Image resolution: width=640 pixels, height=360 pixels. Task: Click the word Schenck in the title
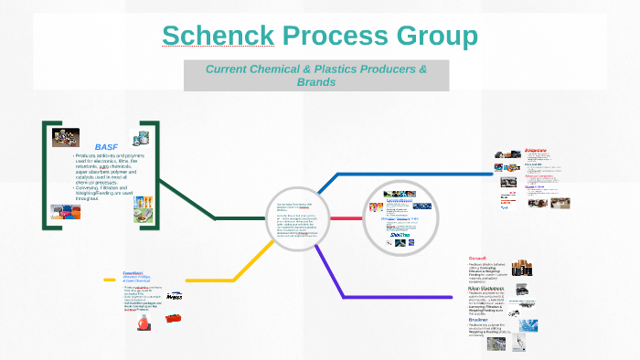pos(217,37)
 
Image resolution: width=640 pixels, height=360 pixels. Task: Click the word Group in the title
pos(436,37)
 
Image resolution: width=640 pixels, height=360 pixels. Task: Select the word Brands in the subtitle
pos(315,82)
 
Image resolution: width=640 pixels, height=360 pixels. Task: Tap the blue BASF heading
pos(106,146)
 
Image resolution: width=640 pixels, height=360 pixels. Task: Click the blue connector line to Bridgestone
pos(393,174)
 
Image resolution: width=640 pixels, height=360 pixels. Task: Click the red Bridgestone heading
pos(539,150)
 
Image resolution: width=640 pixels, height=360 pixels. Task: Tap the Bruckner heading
pos(479,319)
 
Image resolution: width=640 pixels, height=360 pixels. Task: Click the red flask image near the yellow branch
pos(142,324)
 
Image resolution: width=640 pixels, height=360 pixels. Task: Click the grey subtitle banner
pos(315,75)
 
